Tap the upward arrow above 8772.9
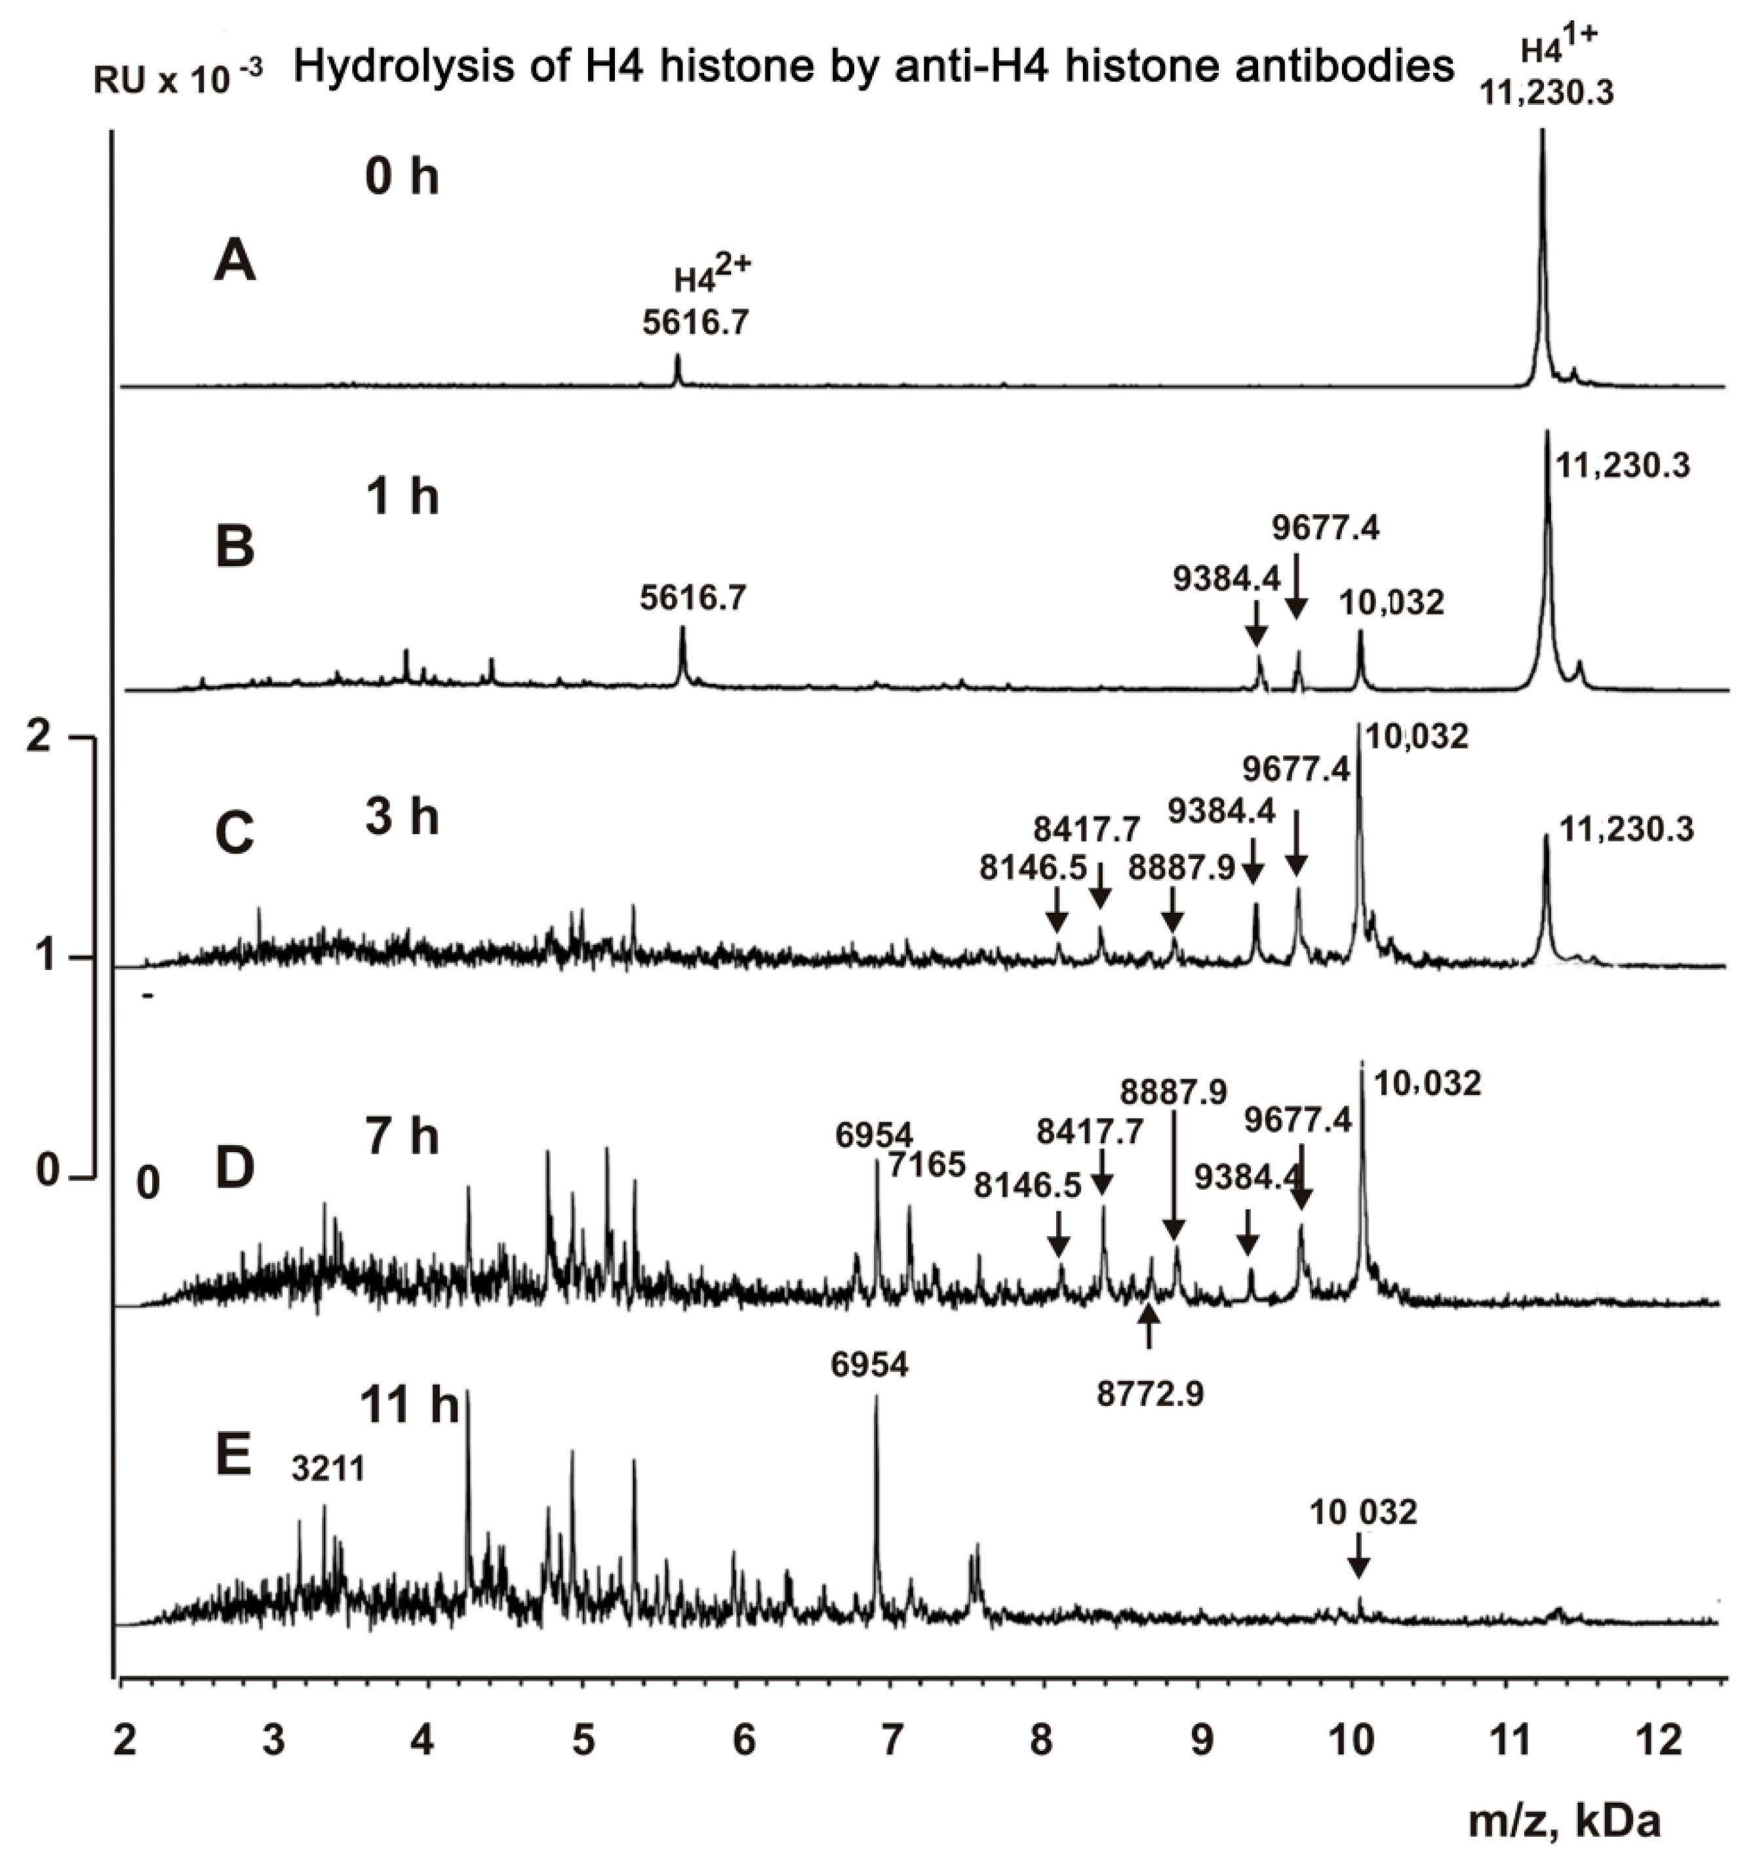1149,1329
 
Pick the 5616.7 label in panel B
694,597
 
